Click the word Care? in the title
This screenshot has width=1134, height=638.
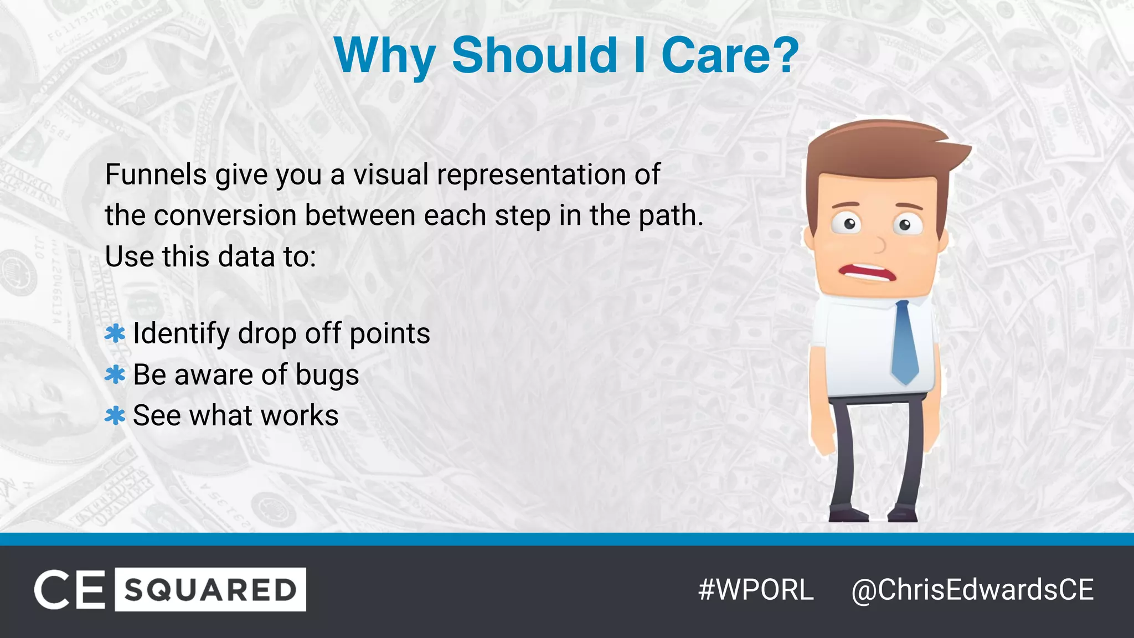[x=730, y=55]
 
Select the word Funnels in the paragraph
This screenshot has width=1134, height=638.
[x=156, y=175]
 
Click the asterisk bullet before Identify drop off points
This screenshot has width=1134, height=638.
[x=115, y=334]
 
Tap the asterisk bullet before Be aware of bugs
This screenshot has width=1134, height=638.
[x=115, y=375]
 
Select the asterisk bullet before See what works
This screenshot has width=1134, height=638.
[x=115, y=416]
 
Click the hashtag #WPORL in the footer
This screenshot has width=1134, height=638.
[x=756, y=590]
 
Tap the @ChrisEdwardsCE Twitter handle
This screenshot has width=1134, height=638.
[x=972, y=590]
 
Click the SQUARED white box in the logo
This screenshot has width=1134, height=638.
[x=210, y=590]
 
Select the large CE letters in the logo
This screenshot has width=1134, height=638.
[x=70, y=590]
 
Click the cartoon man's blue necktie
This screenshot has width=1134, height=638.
[x=905, y=343]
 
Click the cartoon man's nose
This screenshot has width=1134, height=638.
[x=879, y=244]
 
